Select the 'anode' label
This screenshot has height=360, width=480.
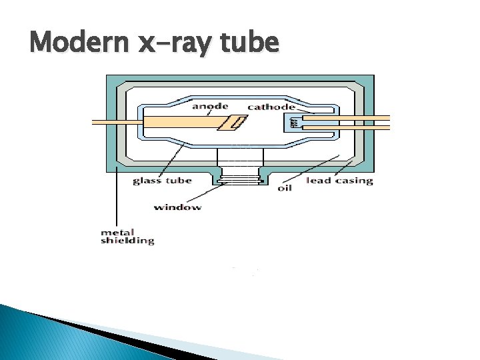point(210,106)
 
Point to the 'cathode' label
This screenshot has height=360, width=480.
point(271,107)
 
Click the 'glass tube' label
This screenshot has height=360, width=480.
point(162,181)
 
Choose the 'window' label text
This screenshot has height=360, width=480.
point(177,207)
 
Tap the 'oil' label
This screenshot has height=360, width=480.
point(285,187)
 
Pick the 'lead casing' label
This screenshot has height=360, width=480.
point(339,181)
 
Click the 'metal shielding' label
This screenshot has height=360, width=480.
point(127,236)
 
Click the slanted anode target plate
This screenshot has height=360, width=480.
point(235,122)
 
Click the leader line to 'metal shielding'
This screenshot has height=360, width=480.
point(117,200)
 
